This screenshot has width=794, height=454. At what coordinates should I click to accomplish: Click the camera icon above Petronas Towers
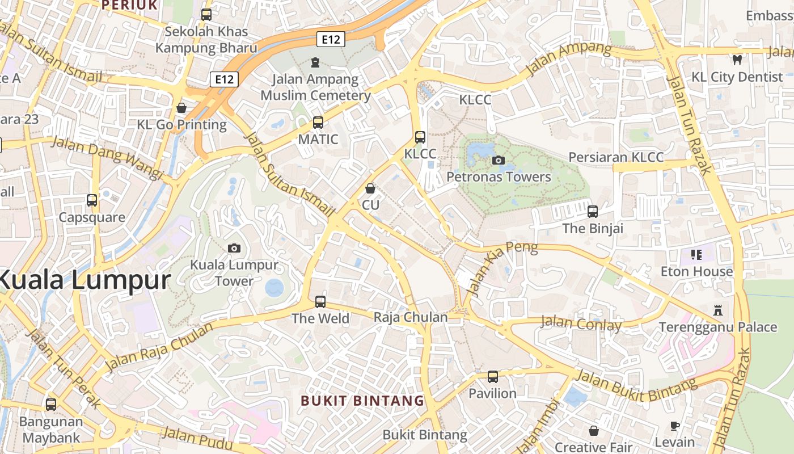click(499, 160)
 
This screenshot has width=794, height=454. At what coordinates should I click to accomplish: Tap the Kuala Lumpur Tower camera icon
click(234, 248)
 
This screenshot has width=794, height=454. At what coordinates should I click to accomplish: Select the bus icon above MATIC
click(318, 122)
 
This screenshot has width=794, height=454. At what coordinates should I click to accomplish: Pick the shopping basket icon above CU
click(370, 188)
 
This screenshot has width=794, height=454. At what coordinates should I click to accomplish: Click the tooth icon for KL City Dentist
click(737, 59)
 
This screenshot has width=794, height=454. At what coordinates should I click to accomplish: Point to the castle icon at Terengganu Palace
click(719, 310)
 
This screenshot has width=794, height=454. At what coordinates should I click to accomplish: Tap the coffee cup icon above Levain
click(675, 425)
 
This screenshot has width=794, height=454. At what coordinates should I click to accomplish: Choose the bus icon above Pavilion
click(493, 376)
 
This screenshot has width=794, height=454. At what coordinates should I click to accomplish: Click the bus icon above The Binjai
click(593, 212)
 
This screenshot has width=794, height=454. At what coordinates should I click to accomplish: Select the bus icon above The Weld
click(320, 301)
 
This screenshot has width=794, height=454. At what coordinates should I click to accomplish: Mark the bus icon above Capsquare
click(92, 200)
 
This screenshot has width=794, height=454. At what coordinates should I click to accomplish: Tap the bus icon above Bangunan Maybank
click(51, 405)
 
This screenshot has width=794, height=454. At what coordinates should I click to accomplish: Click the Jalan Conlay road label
click(581, 323)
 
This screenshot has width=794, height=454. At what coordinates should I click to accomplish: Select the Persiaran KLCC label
click(616, 157)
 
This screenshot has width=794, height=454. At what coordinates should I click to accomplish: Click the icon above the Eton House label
click(696, 254)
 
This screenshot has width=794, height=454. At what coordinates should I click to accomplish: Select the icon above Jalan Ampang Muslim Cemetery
click(315, 62)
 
